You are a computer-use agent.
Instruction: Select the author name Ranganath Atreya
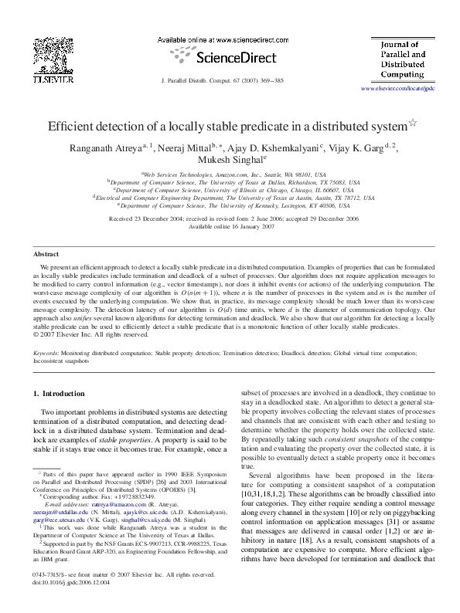(112, 149)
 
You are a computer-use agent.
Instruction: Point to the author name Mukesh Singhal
(229, 161)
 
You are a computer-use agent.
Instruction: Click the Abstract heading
(46, 254)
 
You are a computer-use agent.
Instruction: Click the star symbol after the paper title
(412, 124)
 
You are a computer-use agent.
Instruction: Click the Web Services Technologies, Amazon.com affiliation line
(232, 175)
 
